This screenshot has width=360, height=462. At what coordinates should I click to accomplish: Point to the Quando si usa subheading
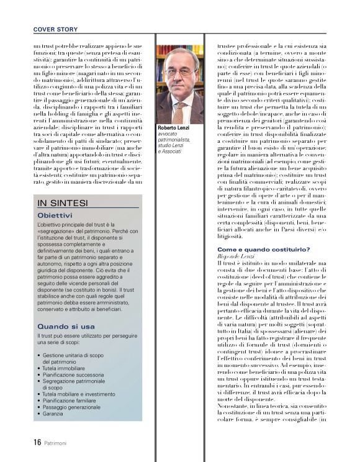66,326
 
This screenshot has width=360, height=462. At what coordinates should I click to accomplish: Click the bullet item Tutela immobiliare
70,369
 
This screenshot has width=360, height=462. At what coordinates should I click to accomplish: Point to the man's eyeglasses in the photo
179,72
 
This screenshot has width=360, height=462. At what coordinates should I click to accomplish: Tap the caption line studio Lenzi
174,146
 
